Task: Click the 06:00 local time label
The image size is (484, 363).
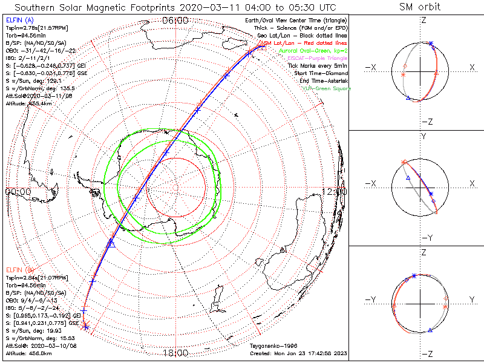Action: (x=175, y=21)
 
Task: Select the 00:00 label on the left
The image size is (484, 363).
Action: (x=18, y=191)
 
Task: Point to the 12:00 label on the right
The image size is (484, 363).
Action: (x=334, y=191)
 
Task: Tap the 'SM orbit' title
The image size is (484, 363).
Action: (x=419, y=7)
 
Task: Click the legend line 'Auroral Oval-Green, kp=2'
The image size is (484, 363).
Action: (x=315, y=51)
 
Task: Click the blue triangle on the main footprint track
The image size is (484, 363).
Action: (x=111, y=243)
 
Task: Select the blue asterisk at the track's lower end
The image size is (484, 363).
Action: (x=86, y=327)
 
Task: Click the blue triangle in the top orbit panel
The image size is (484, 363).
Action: (x=408, y=97)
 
